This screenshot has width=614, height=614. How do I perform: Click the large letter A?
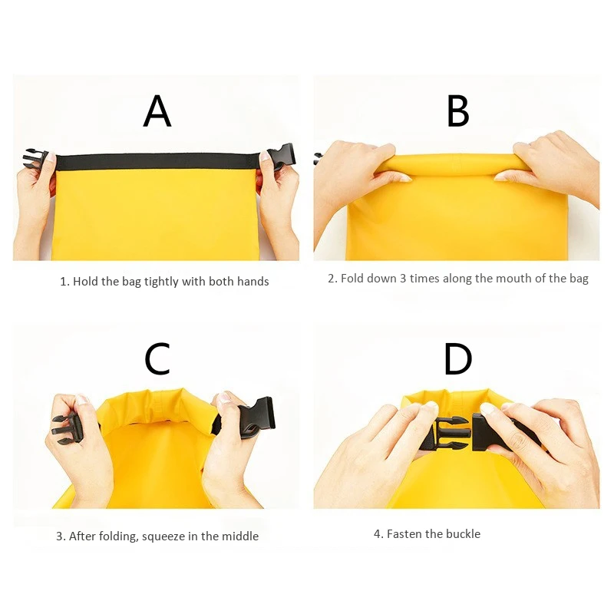[157, 111]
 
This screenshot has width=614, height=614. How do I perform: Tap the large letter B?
[458, 111]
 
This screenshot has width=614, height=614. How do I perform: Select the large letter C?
[157, 358]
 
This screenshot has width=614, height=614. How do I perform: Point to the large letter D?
[458, 358]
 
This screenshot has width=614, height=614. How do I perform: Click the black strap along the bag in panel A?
[157, 162]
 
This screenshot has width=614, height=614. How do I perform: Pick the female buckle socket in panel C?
[256, 417]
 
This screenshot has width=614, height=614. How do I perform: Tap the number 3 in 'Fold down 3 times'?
[403, 278]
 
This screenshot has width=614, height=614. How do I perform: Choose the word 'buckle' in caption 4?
[462, 533]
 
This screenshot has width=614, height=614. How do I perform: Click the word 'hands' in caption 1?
[252, 282]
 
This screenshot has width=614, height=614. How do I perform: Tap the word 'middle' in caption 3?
[239, 536]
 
